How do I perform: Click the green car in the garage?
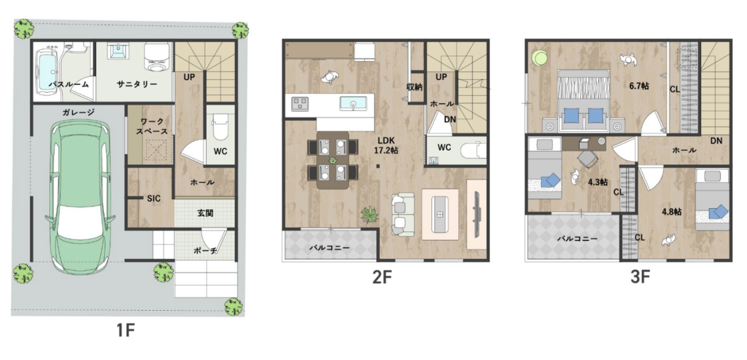tap(79, 196)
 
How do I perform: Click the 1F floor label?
tap(126, 330)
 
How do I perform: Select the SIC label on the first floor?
tap(153, 199)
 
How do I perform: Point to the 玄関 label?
tap(205, 213)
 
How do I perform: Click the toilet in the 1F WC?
tap(221, 126)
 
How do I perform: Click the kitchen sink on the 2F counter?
tap(353, 103)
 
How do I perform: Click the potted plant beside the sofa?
tap(369, 214)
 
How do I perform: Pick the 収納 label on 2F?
tap(414, 87)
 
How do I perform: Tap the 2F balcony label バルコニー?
tap(329, 247)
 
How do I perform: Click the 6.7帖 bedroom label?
tap(639, 86)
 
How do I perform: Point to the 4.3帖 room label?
tap(598, 181)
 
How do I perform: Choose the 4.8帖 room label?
tap(671, 211)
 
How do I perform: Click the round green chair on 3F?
tap(540, 58)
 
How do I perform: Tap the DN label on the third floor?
tap(716, 141)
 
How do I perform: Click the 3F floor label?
tap(640, 277)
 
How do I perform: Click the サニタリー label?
tap(137, 84)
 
